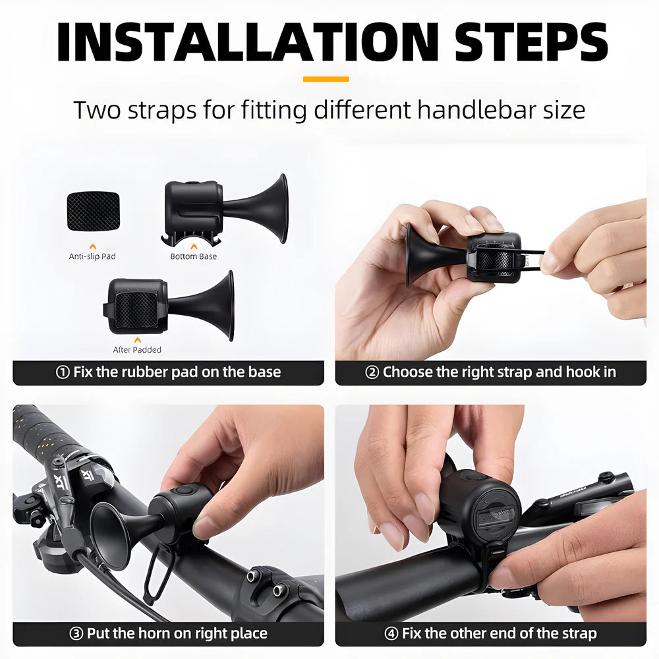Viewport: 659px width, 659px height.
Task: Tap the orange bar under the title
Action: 326,79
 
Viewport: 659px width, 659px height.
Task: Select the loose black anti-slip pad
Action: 93,211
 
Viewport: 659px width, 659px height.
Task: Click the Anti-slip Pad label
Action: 92,256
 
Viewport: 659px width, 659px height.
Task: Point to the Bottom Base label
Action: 193,256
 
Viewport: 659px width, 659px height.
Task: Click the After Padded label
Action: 137,350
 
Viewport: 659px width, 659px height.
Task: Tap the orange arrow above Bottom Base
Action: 193,245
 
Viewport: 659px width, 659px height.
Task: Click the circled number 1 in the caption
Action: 63,372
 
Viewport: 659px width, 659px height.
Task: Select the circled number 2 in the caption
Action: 372,372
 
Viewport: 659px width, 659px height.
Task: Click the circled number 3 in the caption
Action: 76,634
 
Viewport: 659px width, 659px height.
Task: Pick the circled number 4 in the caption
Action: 391,634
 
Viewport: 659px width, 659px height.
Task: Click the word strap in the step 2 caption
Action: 513,372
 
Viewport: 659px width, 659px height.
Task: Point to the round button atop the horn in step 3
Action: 183,491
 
